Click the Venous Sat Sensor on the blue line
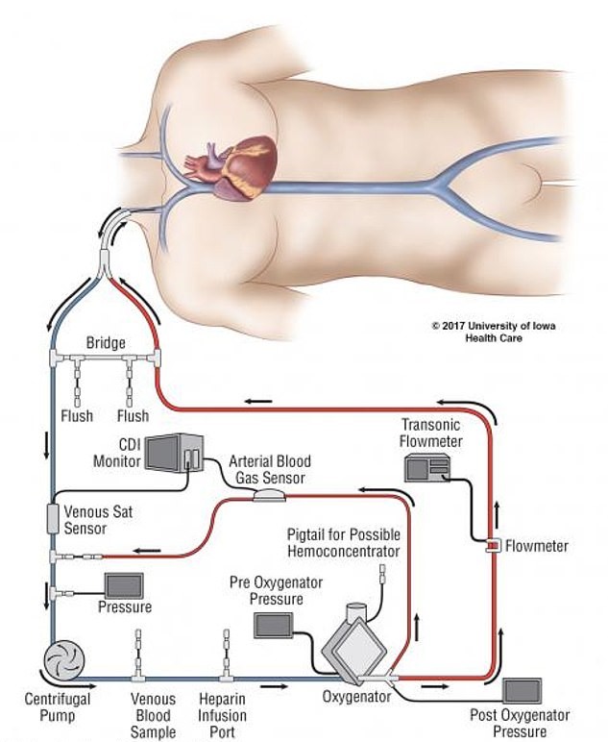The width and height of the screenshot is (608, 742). [54, 520]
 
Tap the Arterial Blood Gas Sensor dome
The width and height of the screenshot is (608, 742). [267, 495]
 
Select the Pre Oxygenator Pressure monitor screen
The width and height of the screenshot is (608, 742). [277, 626]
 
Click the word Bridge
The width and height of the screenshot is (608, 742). [107, 342]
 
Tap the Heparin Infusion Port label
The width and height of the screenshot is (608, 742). [223, 716]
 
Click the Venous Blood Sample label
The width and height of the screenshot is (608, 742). [153, 716]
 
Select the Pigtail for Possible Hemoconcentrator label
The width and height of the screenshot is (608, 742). [344, 542]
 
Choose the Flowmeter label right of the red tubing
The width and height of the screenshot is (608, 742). [537, 546]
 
